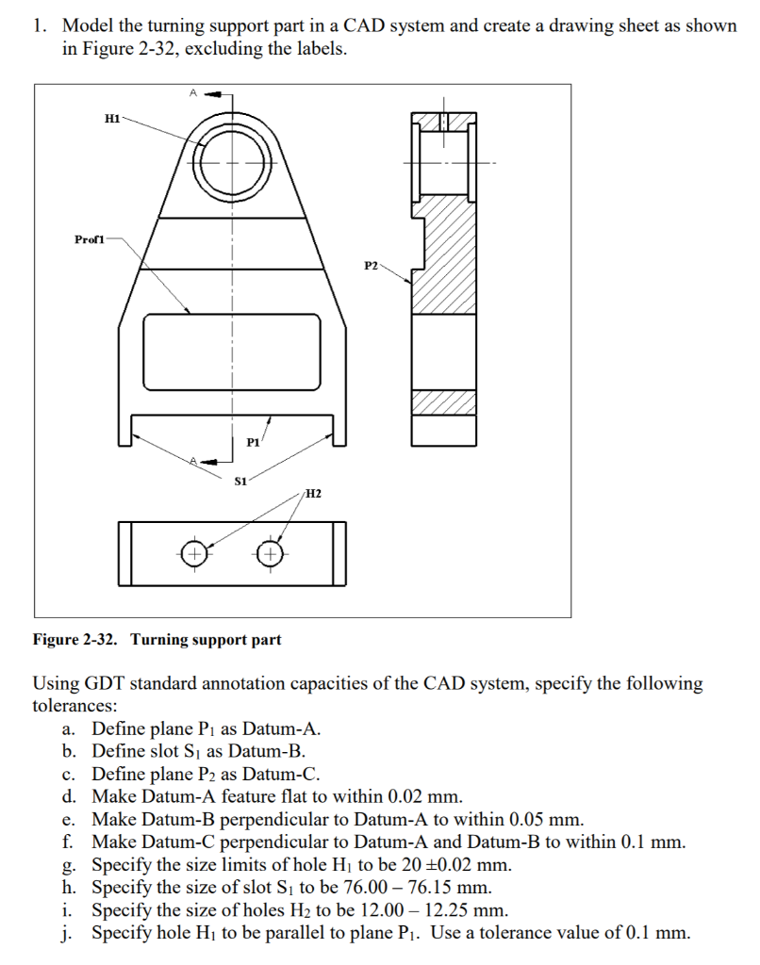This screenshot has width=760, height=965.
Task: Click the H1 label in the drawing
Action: [111, 119]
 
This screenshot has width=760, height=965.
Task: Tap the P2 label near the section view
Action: [371, 266]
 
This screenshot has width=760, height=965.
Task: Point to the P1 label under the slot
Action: [253, 441]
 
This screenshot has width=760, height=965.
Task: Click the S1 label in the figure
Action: [240, 481]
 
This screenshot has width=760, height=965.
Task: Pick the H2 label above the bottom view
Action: [313, 493]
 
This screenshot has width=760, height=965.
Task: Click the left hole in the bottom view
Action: [193, 553]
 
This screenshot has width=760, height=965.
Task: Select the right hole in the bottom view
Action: [271, 553]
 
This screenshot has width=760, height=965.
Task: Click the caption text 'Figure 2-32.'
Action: [75, 640]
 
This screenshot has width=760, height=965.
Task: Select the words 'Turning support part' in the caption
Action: [206, 640]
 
